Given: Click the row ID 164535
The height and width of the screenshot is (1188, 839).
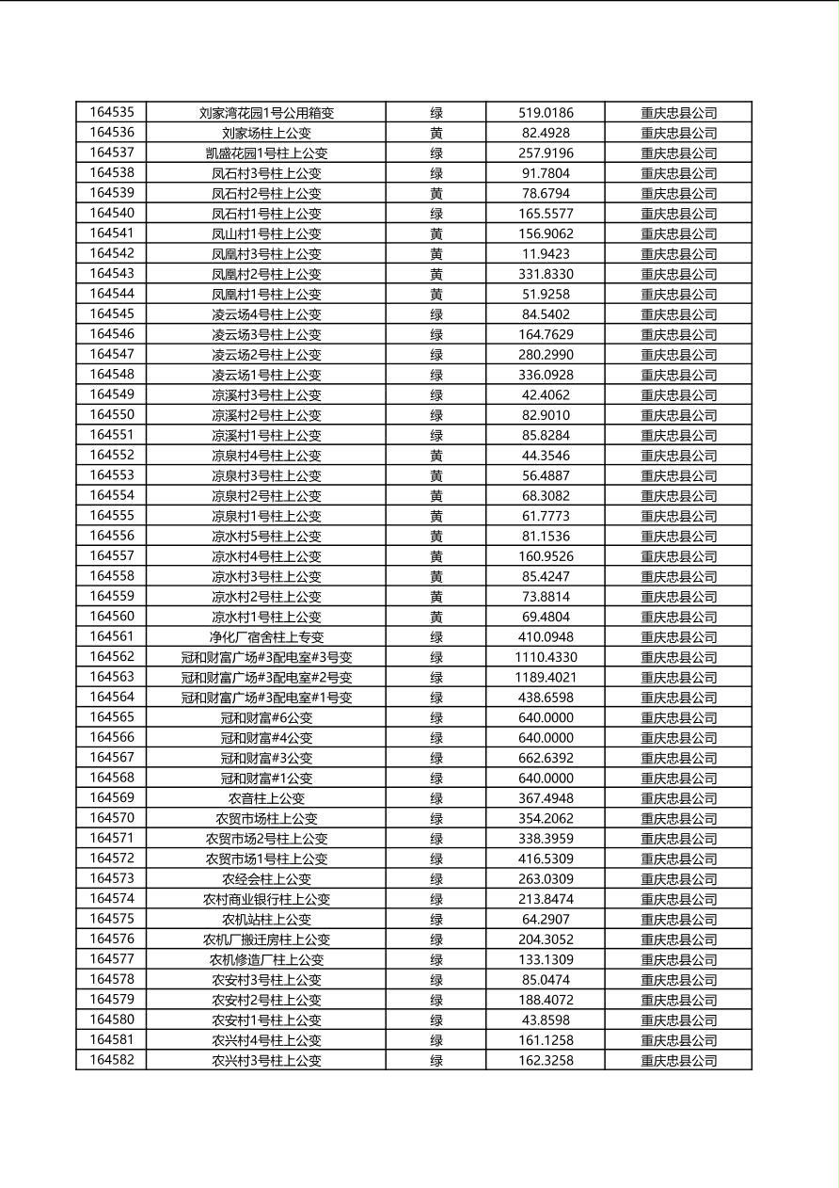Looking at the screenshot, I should pyautogui.click(x=111, y=113).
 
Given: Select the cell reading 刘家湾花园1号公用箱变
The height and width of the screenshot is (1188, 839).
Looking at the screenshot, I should pyautogui.click(x=266, y=113).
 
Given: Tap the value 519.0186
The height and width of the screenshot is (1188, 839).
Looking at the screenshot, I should pyautogui.click(x=546, y=113).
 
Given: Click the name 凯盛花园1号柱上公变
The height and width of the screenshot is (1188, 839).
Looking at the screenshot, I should pyautogui.click(x=266, y=153).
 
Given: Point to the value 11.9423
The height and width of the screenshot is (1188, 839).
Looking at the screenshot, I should pyautogui.click(x=546, y=254).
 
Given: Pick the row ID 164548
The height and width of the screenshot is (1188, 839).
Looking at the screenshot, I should pyautogui.click(x=111, y=375).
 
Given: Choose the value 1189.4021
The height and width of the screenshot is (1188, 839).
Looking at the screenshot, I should pyautogui.click(x=546, y=678).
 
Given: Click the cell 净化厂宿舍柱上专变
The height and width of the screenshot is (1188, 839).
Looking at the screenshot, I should pyautogui.click(x=266, y=637).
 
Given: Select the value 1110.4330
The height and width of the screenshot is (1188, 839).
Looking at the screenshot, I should pyautogui.click(x=546, y=657).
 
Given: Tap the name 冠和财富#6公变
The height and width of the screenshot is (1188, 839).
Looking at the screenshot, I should pyautogui.click(x=266, y=717).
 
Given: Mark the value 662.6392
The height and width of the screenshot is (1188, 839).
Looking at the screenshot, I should pyautogui.click(x=546, y=758).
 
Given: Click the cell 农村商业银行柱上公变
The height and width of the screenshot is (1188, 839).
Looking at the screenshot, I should pyautogui.click(x=266, y=899).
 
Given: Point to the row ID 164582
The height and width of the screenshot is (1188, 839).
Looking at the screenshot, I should pyautogui.click(x=111, y=1060).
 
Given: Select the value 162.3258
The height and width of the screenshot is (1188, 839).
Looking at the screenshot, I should pyautogui.click(x=546, y=1060).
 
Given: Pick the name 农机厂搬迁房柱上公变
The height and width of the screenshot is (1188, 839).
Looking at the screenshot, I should pyautogui.click(x=266, y=939).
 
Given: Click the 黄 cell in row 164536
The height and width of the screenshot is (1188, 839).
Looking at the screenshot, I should pyautogui.click(x=436, y=133).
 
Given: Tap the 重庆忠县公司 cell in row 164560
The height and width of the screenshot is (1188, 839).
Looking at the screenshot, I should pyautogui.click(x=678, y=617).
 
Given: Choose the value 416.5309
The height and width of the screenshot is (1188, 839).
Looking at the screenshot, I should pyautogui.click(x=546, y=859).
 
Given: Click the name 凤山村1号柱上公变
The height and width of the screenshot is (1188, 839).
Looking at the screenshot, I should pyautogui.click(x=266, y=233).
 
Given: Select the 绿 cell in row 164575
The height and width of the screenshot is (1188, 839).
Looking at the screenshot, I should pyautogui.click(x=436, y=919).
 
